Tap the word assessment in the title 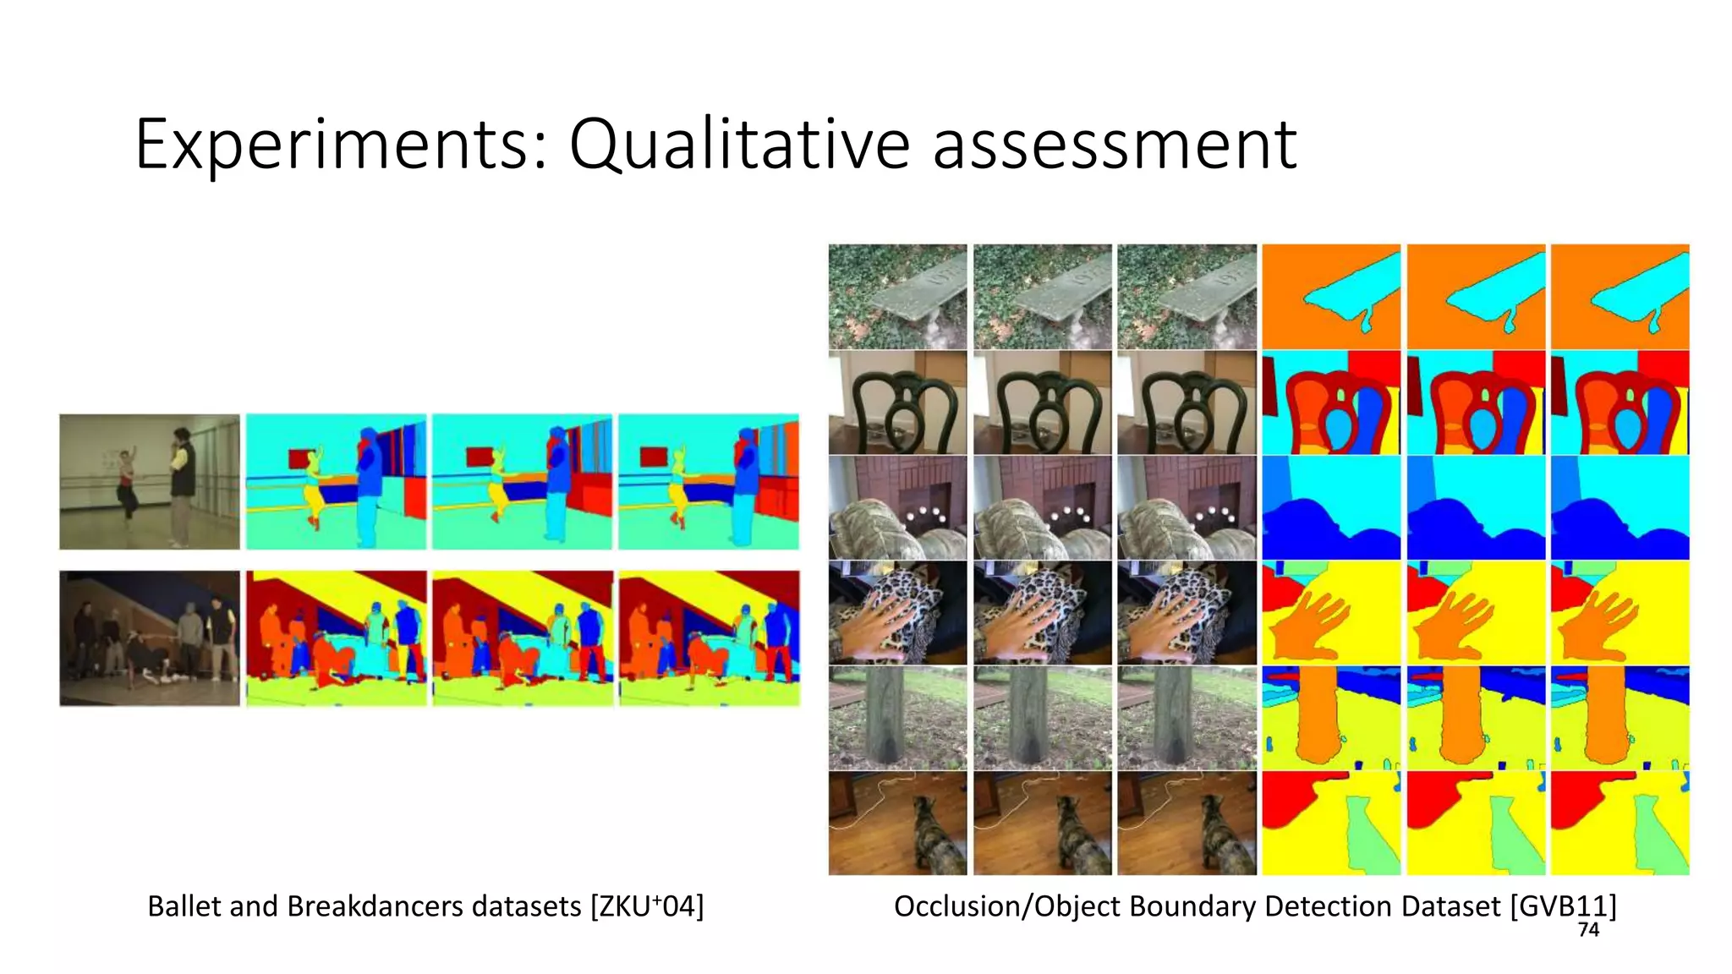[1114, 145]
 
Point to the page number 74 [1588, 930]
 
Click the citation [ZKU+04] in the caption [647, 906]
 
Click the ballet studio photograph [150, 481]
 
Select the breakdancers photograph [150, 638]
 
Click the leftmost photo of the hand [897, 613]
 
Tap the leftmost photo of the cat [897, 823]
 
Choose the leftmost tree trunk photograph [897, 718]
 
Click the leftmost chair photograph [897, 403]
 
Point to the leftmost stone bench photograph [897, 297]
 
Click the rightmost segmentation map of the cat [1620, 823]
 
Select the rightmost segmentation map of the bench [1620, 297]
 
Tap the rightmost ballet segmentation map [709, 481]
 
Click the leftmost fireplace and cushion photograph [897, 508]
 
